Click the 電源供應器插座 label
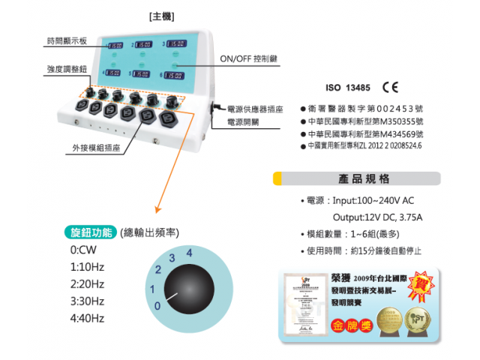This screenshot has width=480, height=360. [255, 109]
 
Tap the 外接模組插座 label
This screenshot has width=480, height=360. [96, 148]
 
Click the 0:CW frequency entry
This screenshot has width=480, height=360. [82, 250]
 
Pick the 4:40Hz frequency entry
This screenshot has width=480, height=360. [87, 318]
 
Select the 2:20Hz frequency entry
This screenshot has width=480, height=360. [87, 283]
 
